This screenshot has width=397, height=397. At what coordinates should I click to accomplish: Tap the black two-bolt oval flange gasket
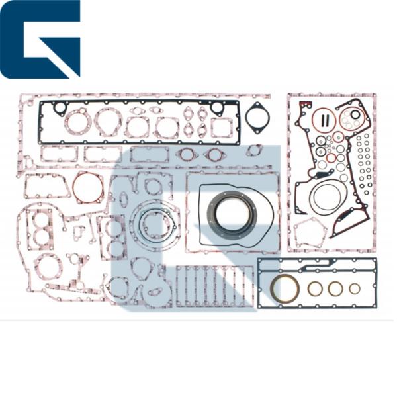[257, 118]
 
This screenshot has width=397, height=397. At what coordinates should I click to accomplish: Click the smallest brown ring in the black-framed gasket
[355, 288]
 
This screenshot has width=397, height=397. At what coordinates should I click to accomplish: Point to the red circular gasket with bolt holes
[88, 188]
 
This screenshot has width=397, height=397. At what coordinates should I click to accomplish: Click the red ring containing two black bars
[325, 120]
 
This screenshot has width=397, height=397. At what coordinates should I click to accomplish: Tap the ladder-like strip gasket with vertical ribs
[213, 285]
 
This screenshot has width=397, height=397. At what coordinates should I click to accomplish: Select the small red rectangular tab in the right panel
[306, 105]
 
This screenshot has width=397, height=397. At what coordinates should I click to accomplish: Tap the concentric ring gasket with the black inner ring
[157, 223]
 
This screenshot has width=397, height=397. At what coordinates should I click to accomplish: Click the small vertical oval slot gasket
[124, 199]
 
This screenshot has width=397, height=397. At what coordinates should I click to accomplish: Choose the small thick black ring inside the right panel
[355, 114]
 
